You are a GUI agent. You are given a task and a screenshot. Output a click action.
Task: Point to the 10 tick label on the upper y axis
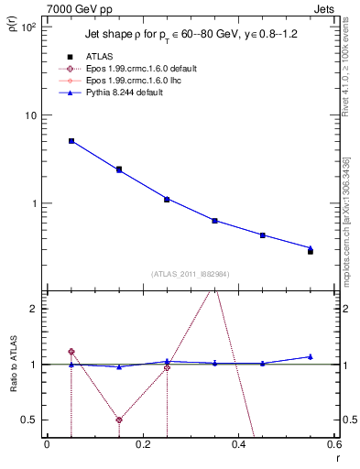pyautogui.click(x=30, y=115)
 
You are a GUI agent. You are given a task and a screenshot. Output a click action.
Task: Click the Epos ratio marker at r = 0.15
pyautogui.click(x=119, y=420)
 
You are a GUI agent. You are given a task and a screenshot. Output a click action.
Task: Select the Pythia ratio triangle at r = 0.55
pyautogui.click(x=311, y=356)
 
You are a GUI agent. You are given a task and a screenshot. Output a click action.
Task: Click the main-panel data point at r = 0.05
pyautogui.click(x=71, y=141)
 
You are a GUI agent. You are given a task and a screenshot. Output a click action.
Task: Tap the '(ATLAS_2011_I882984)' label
pyautogui.click(x=190, y=274)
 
